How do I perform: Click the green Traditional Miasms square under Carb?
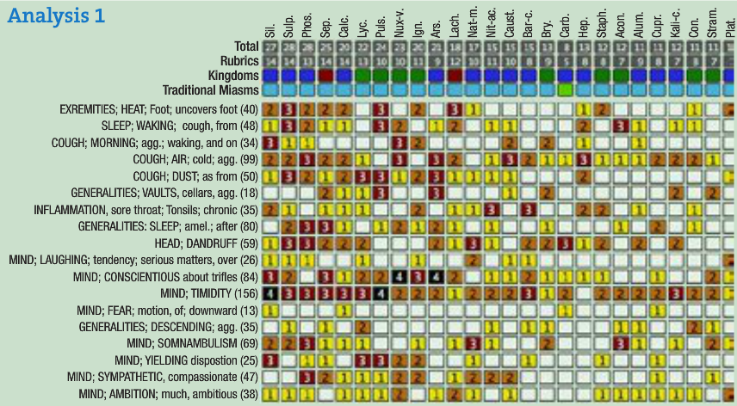[566, 89]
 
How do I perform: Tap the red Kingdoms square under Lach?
[455, 75]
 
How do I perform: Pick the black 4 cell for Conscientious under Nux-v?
[399, 277]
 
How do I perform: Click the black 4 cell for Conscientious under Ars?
[437, 277]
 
